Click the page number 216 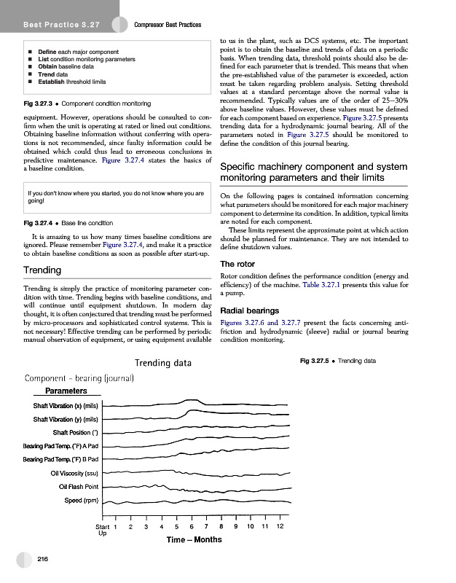(x=42, y=559)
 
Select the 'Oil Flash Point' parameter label (x=79, y=487)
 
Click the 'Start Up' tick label (x=103, y=530)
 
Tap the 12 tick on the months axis (x=280, y=526)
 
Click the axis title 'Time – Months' (x=194, y=540)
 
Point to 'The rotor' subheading (x=237, y=264)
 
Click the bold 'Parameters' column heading (x=68, y=391)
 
